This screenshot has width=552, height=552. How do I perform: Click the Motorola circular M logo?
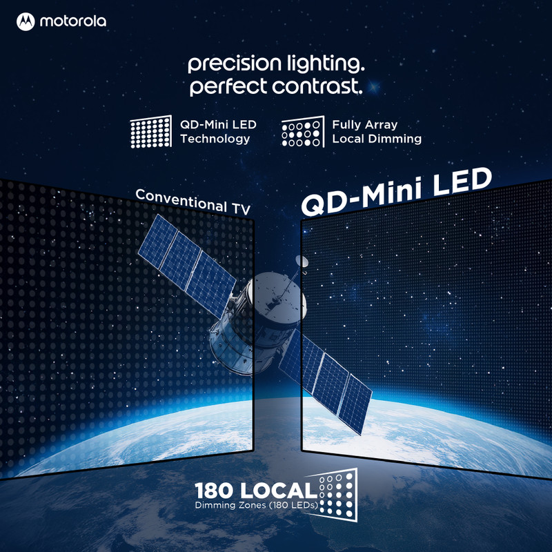tap(26, 22)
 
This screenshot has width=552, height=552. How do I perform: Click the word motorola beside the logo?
tap(73, 21)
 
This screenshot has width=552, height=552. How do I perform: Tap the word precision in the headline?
tap(235, 63)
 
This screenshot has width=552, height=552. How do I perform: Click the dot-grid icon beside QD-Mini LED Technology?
tap(151, 131)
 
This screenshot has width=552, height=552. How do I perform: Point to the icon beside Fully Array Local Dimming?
tap(303, 132)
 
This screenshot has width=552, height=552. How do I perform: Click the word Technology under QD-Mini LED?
tap(215, 139)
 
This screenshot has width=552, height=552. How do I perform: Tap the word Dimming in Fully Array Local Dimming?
tap(398, 139)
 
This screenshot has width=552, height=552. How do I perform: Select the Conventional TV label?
tap(193, 201)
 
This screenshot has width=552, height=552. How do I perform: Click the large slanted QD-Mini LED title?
tap(397, 192)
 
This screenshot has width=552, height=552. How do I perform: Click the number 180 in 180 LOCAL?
tap(214, 491)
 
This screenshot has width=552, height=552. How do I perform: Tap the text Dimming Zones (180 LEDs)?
tap(256, 505)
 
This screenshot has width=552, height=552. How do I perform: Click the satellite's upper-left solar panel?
tap(187, 266)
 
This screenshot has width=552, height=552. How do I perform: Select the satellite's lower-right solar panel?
tap(326, 382)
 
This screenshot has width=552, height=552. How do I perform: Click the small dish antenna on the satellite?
tap(302, 262)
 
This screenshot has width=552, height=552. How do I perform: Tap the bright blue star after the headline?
tap(373, 87)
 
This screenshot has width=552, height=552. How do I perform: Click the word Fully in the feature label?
tap(346, 125)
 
